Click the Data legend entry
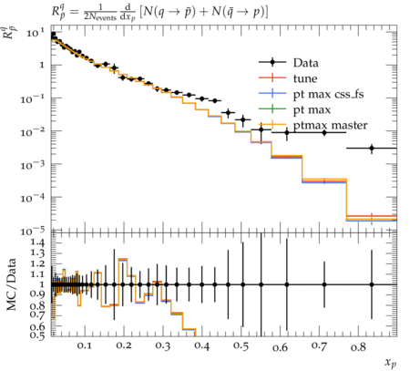click(x=305, y=63)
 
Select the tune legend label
click(x=305, y=78)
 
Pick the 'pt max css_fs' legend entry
click(x=328, y=95)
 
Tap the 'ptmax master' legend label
click(x=330, y=126)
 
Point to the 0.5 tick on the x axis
click(x=241, y=346)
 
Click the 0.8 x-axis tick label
click(x=358, y=346)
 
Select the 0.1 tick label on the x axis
click(x=84, y=345)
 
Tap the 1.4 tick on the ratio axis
click(x=37, y=242)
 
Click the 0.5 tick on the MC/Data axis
click(x=37, y=335)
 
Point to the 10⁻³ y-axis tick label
click(x=33, y=165)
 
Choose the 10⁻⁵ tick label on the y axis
click(x=33, y=231)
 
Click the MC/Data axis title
click(x=11, y=284)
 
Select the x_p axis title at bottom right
click(x=391, y=363)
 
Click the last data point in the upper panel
click(x=372, y=149)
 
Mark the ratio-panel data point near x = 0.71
click(x=324, y=284)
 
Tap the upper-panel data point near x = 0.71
click(x=324, y=132)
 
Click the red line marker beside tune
click(x=272, y=78)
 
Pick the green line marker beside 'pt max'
click(x=272, y=109)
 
